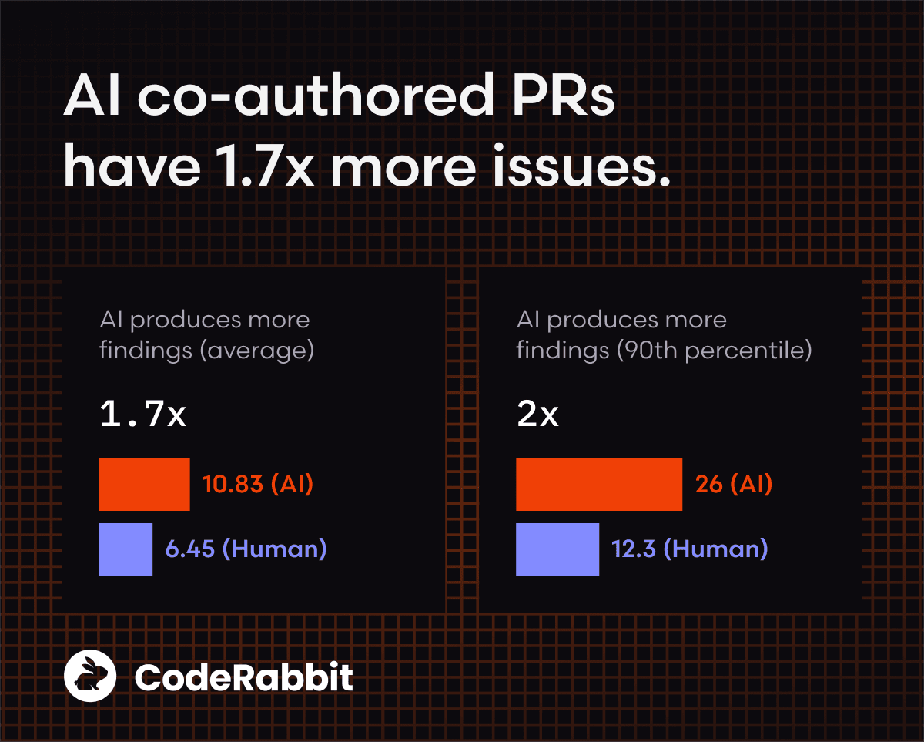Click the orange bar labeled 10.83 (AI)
[x=144, y=484]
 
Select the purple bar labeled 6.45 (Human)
[x=126, y=549]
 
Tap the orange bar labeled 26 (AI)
[x=598, y=484]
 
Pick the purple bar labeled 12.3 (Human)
[x=557, y=549]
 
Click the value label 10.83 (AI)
[x=257, y=485]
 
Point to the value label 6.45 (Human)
[x=246, y=549]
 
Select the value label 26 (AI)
[x=733, y=485]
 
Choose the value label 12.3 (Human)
[x=689, y=549]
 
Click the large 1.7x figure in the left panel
[x=143, y=415]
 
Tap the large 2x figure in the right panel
[x=537, y=415]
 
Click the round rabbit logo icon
[x=90, y=677]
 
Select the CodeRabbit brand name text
[x=243, y=678]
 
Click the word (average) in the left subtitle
[x=256, y=351]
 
